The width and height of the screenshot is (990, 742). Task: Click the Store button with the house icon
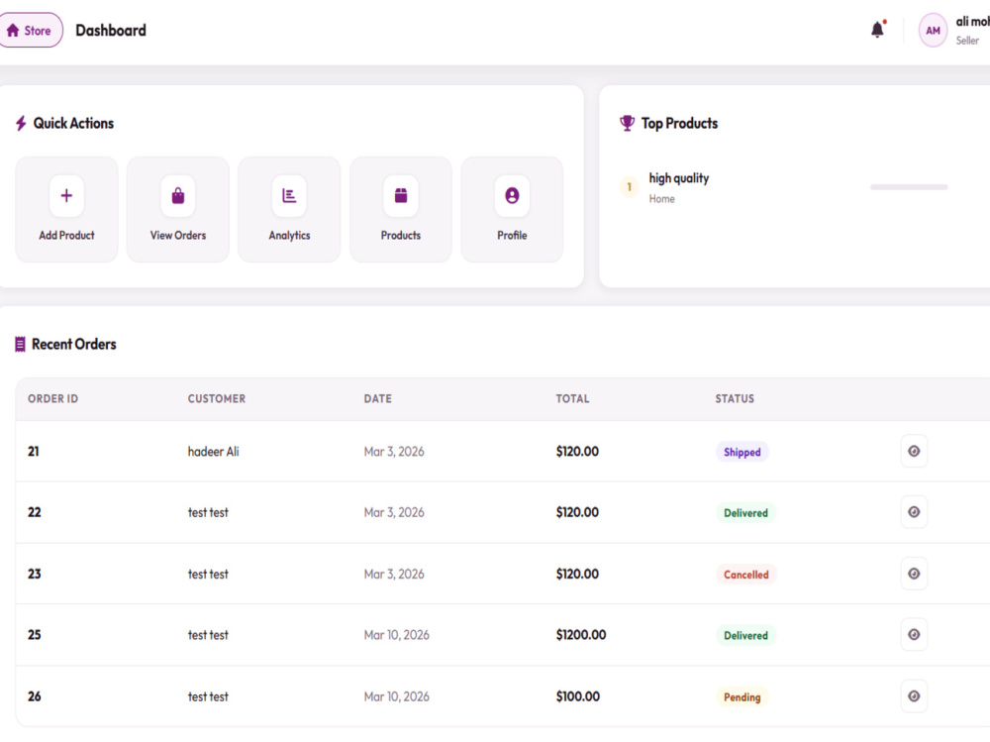click(31, 31)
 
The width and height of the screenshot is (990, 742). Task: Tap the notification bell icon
click(877, 29)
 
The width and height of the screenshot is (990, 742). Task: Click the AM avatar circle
click(933, 31)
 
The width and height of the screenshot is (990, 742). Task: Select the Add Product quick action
click(66, 209)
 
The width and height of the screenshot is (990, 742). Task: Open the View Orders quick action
click(178, 209)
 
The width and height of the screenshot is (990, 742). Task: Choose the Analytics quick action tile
click(289, 209)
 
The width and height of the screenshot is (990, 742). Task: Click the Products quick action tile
click(401, 209)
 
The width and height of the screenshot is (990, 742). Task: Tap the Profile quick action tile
click(512, 209)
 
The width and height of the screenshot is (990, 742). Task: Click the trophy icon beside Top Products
click(627, 123)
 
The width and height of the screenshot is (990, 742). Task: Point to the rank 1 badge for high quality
click(629, 187)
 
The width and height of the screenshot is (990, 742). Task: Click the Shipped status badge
click(742, 452)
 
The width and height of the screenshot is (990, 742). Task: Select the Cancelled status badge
click(746, 575)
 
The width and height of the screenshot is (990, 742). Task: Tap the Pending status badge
click(742, 697)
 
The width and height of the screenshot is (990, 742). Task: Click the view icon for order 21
click(914, 452)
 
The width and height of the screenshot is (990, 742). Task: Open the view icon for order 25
click(914, 635)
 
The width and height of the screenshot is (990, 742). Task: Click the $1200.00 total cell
click(581, 635)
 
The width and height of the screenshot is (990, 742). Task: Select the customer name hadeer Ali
click(214, 452)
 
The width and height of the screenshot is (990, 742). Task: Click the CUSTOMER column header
click(217, 399)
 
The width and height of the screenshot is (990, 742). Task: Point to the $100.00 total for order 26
click(578, 696)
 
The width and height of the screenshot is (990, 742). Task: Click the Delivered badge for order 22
click(745, 512)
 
